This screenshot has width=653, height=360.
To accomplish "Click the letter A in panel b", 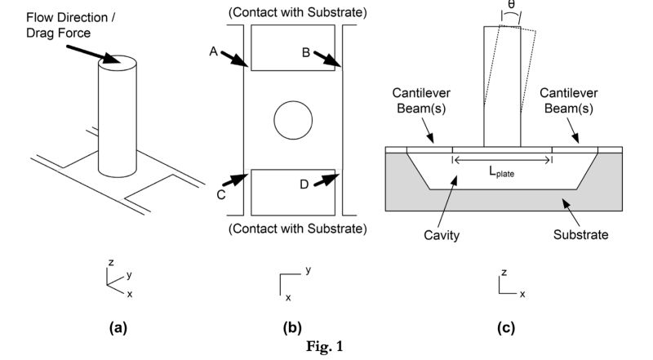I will [x=213, y=51].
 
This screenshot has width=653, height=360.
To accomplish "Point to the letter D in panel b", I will [x=304, y=184].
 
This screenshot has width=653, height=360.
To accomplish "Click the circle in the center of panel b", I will [x=293, y=122].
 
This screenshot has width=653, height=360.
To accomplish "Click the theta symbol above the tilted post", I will [x=511, y=7].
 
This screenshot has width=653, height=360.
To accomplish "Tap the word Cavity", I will [x=442, y=235].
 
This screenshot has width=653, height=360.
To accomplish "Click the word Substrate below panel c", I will [x=581, y=235].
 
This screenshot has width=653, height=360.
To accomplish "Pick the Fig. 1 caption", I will [x=326, y=347].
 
